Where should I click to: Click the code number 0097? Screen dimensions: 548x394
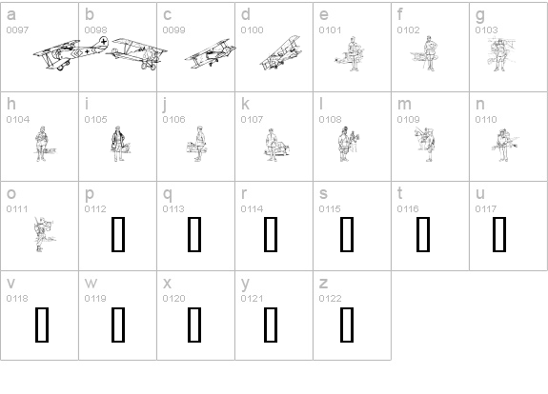[x=17, y=30]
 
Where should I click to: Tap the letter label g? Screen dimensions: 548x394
[x=480, y=15]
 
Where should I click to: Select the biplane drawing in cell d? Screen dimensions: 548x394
[x=280, y=52]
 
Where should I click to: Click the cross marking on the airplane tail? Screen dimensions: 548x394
[x=104, y=42]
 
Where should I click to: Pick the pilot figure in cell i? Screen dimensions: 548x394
[x=118, y=144]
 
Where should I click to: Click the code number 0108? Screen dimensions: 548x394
[x=330, y=119]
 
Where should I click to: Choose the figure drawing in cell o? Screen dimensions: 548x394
[x=44, y=234]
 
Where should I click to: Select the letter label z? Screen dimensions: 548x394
[x=323, y=284]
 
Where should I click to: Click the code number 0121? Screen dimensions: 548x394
[x=252, y=299]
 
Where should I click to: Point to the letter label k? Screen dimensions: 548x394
[x=245, y=104]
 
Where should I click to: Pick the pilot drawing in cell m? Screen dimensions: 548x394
[x=426, y=145]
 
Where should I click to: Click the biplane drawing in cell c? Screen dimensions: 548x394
[x=210, y=53]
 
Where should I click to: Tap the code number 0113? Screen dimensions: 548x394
[x=173, y=209]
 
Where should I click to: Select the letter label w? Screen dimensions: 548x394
[x=91, y=284]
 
